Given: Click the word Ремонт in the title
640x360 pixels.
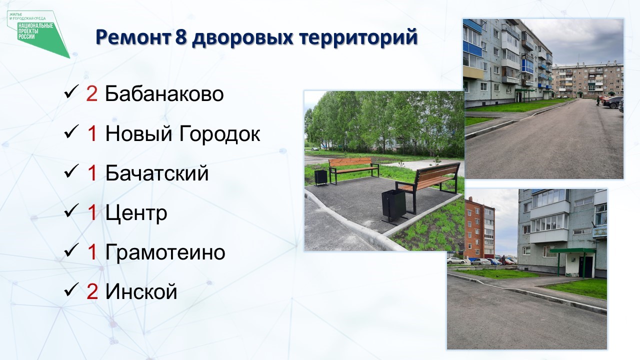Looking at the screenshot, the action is [x=133, y=37].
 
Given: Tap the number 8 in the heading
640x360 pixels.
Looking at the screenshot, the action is [x=181, y=37].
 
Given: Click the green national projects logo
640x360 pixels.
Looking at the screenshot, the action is [x=38, y=33].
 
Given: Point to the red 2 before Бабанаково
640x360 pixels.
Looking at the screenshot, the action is [x=91, y=93].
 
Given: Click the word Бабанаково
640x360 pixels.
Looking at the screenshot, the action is [x=164, y=93].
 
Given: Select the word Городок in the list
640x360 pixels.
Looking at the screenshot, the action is [x=219, y=133].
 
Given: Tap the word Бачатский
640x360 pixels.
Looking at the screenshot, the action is [x=157, y=172].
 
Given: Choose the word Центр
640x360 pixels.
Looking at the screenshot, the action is [x=136, y=213].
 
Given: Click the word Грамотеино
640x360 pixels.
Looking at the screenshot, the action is [x=165, y=252].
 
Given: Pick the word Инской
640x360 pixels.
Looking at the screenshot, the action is [x=141, y=291].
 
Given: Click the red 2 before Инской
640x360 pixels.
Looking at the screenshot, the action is [x=92, y=291].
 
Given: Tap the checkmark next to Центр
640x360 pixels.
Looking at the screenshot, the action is [x=71, y=211].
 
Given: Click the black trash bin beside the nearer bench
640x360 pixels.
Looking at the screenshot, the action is [x=394, y=205].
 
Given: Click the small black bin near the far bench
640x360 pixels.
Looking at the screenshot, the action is [x=321, y=177].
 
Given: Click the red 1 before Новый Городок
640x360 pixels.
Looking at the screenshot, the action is [x=92, y=133].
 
